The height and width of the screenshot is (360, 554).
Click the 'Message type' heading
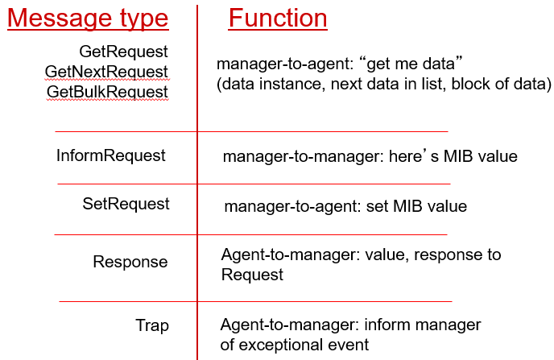(x=88, y=19)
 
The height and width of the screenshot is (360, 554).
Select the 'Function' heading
(x=278, y=18)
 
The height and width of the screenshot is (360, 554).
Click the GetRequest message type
(x=123, y=52)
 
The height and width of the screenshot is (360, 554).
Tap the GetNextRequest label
(x=106, y=72)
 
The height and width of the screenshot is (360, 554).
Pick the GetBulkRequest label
(x=107, y=92)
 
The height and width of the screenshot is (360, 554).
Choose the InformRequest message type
(x=110, y=155)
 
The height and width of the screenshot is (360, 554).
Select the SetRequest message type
(x=126, y=204)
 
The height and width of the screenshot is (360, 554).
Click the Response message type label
(x=130, y=262)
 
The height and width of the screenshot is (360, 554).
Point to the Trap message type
(x=152, y=325)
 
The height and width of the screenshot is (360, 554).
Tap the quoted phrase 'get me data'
(x=411, y=64)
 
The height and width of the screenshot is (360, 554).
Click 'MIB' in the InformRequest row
(x=458, y=156)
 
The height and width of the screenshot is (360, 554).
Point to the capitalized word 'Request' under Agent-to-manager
(x=252, y=275)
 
